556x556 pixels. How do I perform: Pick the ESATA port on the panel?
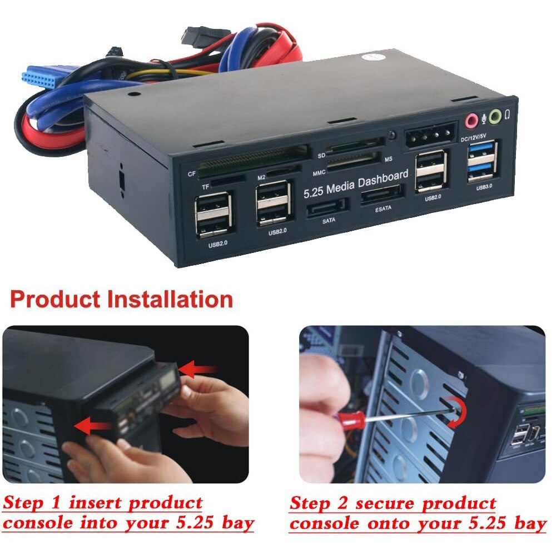pyautogui.click(x=381, y=196)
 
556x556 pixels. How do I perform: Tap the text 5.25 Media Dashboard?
pyautogui.click(x=356, y=182)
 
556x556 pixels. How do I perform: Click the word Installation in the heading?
pyautogui.click(x=170, y=299)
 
